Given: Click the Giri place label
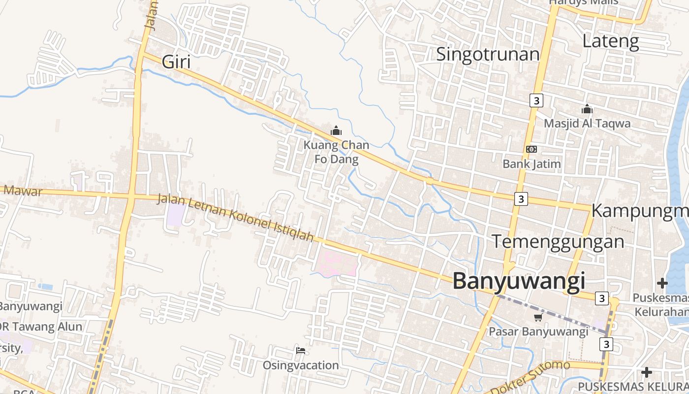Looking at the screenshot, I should coord(176,63).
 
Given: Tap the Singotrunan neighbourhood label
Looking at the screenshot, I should coord(488,54).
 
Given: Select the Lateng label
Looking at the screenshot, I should coord(610,41).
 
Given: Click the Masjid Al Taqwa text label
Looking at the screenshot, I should coord(587,123).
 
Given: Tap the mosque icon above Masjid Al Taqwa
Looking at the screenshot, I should coord(587,109).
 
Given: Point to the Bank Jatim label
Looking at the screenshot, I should coord(532,164).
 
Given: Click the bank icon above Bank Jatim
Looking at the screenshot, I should coord(531,149).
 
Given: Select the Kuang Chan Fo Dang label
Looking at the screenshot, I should coord(336,152).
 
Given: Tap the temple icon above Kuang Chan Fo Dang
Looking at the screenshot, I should coord(336,131).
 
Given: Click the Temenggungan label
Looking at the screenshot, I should coord(558,242).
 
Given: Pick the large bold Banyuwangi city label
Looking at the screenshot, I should coord(519,281).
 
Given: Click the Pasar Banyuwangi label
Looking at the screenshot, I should coord(538,331).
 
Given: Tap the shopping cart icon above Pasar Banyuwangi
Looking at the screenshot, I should coord(538,318).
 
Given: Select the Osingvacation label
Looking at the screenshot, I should coord(301,365).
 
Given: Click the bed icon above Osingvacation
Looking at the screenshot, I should coord(301,351).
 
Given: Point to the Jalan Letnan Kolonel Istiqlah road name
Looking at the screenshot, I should coord(235,218).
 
